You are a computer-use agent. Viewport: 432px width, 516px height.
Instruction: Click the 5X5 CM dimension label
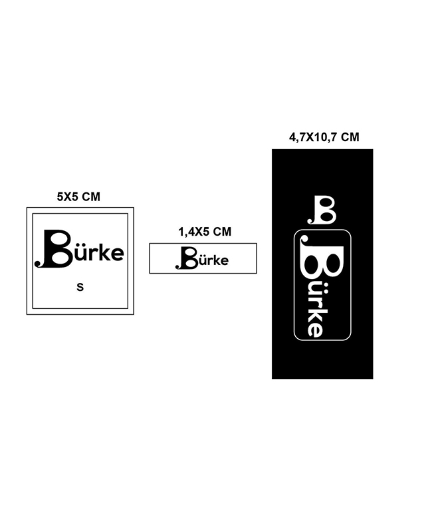pos(78,197)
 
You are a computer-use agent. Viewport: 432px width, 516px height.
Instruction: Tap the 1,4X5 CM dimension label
pos(205,232)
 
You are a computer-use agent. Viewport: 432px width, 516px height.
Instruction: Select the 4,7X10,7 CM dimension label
pos(324,137)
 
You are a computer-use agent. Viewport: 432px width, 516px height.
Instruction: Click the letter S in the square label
pos(80,287)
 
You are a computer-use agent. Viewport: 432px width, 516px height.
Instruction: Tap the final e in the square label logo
pos(116,255)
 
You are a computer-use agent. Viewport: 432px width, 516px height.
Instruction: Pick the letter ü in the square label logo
pos(80,252)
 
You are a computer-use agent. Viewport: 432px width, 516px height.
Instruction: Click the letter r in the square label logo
pos(91,254)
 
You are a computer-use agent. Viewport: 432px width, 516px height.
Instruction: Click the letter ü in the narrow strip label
pos(201,260)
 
